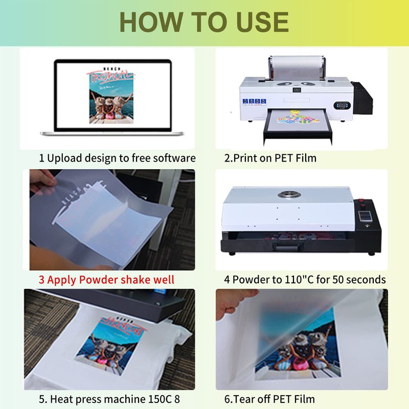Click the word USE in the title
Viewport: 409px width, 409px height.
262,22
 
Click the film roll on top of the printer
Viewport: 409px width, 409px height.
297,67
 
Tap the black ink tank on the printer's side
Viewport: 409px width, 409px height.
362,98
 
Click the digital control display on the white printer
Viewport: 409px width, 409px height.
342,105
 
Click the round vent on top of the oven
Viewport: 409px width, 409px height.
289,194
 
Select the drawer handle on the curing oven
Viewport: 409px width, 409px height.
287,246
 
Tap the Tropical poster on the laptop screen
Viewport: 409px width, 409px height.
111,96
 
